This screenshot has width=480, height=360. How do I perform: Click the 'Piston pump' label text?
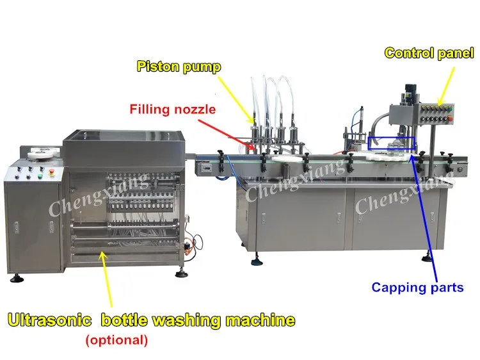pos(179,66)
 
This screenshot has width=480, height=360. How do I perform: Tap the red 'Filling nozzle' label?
pos(173,110)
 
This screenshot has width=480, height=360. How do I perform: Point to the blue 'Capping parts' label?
pos(417,288)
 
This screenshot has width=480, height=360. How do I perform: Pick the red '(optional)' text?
pos(116,340)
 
